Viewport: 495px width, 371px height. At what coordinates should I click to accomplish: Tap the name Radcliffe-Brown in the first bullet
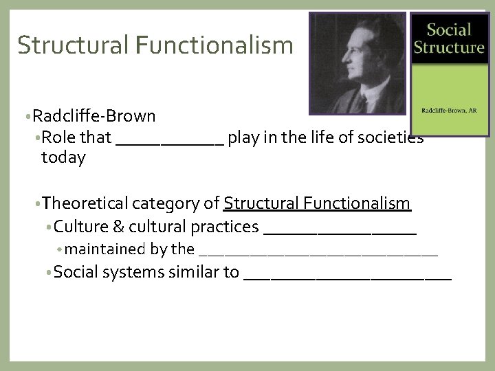click(93, 115)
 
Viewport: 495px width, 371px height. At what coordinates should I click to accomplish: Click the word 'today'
click(63, 157)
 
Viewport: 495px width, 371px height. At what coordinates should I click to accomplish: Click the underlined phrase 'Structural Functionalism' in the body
click(317, 203)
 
